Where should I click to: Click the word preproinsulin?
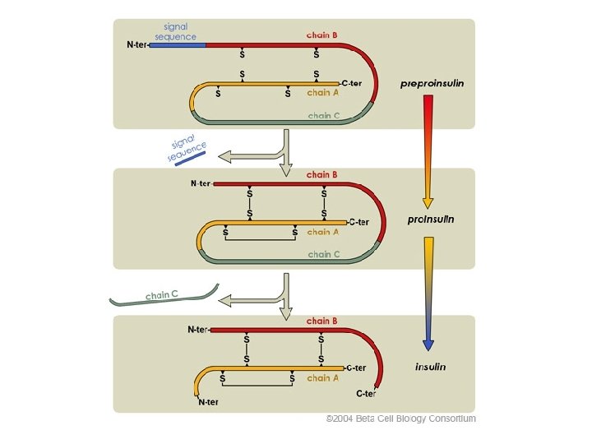[x=432, y=84]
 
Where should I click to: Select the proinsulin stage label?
[x=431, y=220]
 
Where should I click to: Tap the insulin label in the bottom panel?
[x=430, y=367]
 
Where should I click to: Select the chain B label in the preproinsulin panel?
[x=322, y=35]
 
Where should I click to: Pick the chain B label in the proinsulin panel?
[x=322, y=174]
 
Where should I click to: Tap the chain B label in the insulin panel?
[x=322, y=321]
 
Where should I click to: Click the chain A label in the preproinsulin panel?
[x=323, y=93]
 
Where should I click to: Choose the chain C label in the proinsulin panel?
[x=324, y=254]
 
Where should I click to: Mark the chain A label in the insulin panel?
[x=323, y=378]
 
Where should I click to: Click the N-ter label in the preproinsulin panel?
[x=137, y=44]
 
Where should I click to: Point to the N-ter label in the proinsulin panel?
[x=201, y=183]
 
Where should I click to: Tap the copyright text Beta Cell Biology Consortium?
[x=401, y=419]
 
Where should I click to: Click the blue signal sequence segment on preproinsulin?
[x=178, y=44]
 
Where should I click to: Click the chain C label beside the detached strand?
[x=161, y=294]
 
